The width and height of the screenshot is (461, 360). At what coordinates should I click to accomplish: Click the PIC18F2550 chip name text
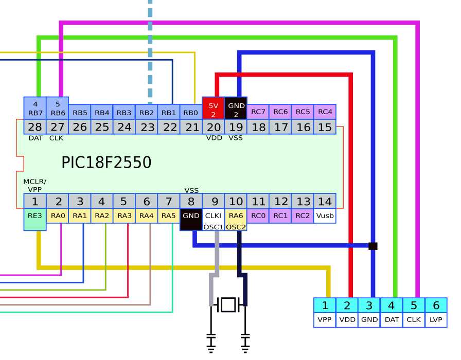click(106, 163)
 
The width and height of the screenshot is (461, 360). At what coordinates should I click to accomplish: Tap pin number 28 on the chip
click(35, 127)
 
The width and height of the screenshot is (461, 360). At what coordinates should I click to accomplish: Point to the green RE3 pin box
click(35, 219)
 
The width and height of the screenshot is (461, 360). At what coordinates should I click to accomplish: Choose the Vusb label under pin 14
click(325, 215)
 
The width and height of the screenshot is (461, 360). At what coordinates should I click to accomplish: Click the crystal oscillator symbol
click(228, 304)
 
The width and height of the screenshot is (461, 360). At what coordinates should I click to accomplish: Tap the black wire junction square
click(373, 246)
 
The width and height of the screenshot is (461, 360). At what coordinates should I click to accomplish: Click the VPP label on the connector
click(325, 320)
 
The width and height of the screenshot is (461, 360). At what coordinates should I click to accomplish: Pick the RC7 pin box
click(258, 112)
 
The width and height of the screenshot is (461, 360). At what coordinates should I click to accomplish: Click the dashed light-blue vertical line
click(150, 51)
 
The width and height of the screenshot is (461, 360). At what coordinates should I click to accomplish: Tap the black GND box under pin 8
click(191, 220)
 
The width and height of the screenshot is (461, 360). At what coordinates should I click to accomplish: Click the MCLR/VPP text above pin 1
click(34, 185)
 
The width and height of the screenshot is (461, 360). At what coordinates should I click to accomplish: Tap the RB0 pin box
click(191, 112)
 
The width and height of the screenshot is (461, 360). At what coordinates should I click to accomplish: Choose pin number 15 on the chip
click(325, 127)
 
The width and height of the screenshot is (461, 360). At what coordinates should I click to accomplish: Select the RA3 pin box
click(123, 215)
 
